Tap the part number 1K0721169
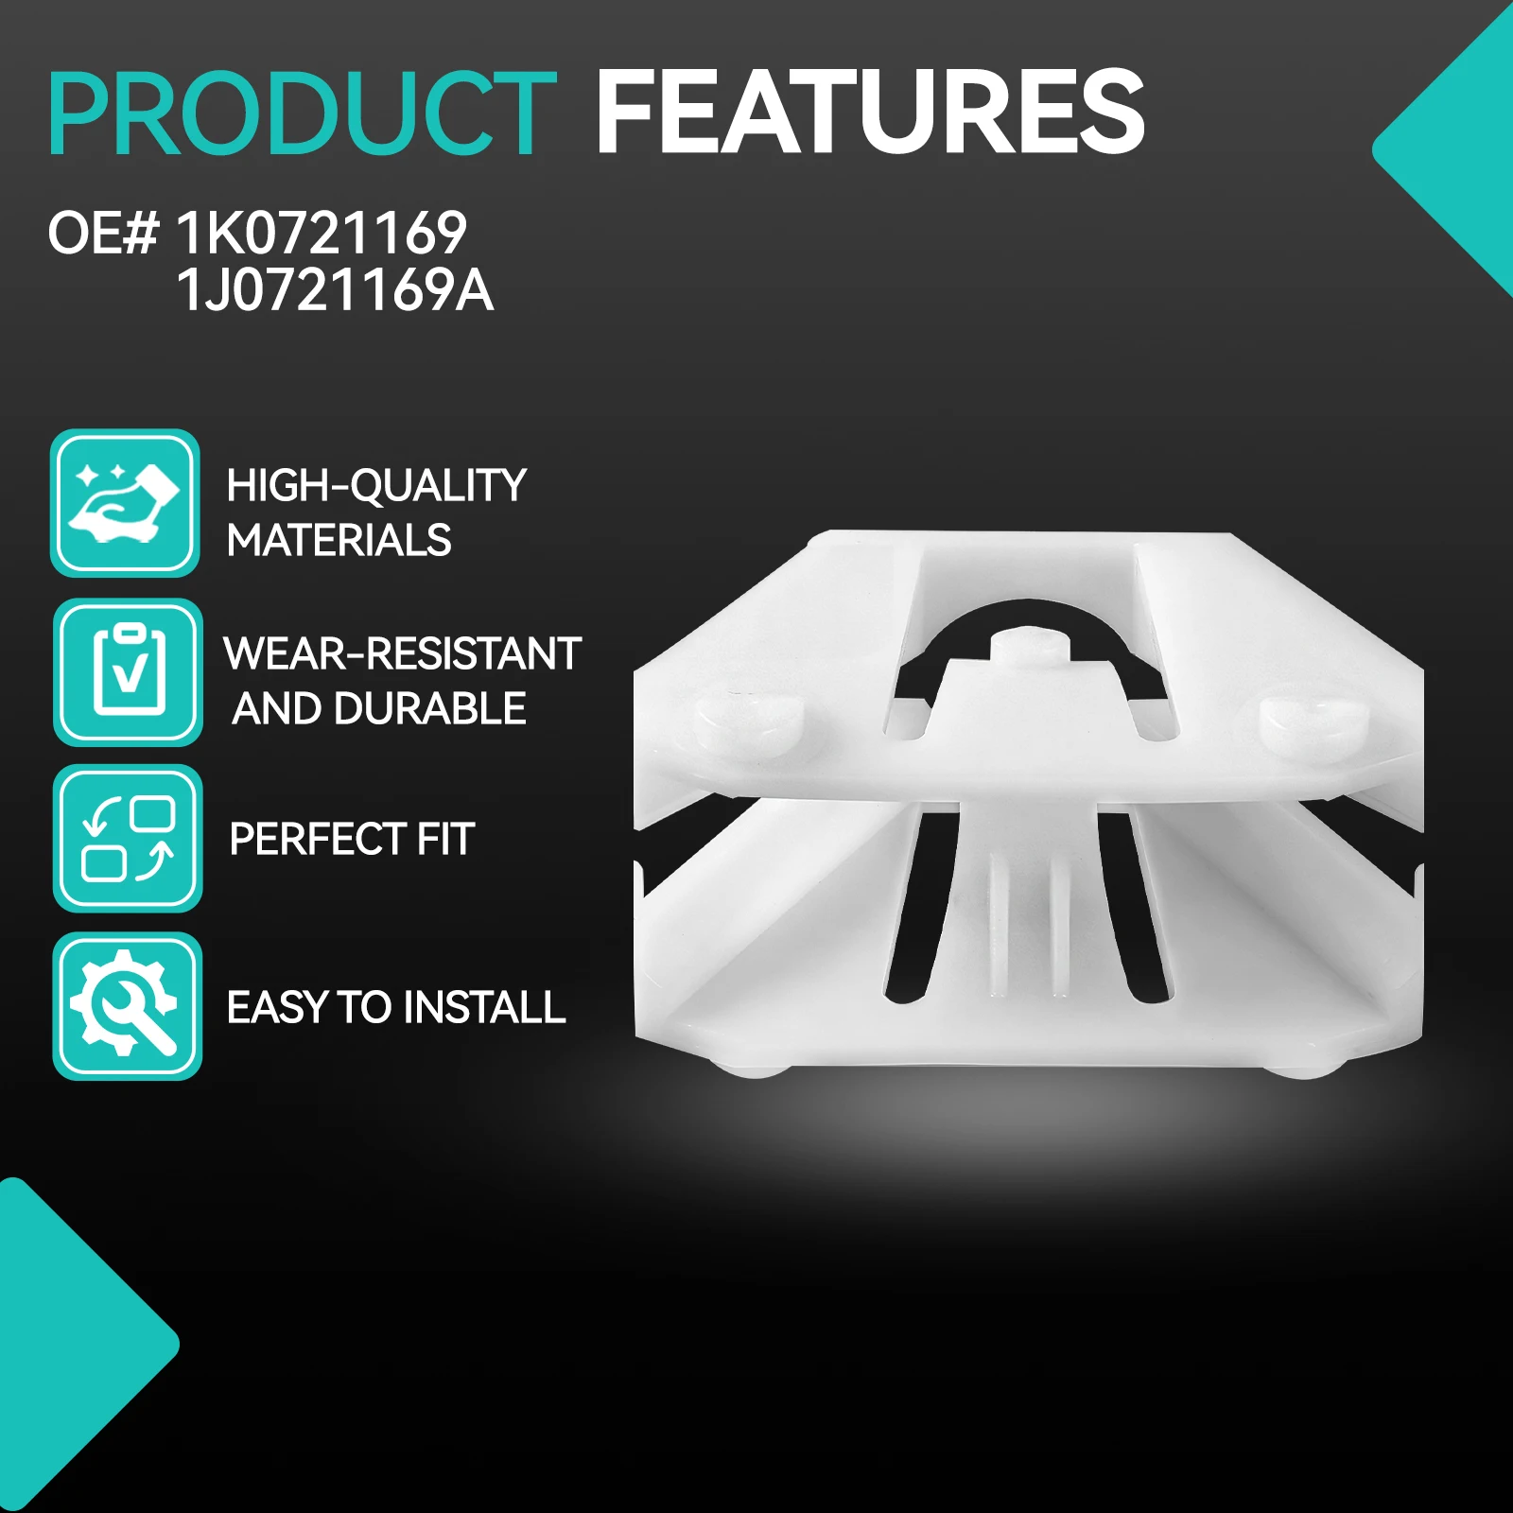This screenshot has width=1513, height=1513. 322,233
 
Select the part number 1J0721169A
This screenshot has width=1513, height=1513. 335,289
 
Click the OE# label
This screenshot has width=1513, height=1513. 103,233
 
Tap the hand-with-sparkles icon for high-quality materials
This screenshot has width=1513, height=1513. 125,502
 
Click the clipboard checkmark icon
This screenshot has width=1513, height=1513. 128,671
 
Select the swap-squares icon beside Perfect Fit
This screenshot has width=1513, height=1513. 128,839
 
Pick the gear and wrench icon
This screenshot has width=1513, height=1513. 128,1006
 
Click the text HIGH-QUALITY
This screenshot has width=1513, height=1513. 376,487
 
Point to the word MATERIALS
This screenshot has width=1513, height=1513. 339,541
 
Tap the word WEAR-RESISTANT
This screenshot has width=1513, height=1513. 402,653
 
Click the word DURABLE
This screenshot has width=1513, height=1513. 443,708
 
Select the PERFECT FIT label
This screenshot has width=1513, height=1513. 352,839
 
